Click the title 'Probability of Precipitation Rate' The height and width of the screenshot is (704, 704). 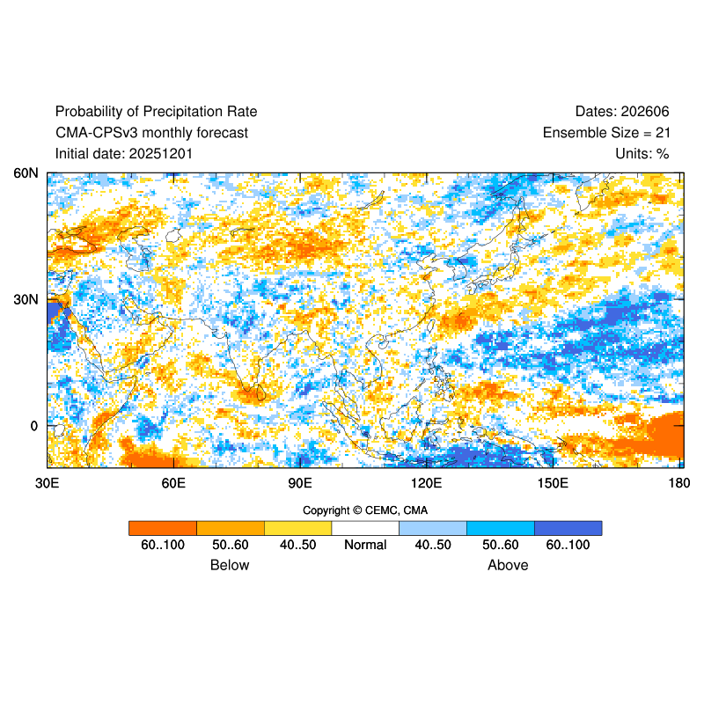point(156,112)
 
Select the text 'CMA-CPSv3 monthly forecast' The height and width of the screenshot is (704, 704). point(151,133)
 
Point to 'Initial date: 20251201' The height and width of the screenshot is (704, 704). point(124,154)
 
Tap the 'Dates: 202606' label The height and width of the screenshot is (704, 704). point(622,112)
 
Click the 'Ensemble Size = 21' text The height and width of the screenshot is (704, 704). point(605,133)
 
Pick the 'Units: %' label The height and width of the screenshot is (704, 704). point(642,154)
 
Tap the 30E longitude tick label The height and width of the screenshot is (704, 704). point(47,483)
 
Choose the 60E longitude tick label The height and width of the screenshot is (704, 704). point(173,483)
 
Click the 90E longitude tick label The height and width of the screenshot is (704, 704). point(300,483)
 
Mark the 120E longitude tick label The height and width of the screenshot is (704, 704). point(427,483)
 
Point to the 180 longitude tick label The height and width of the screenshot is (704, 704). point(678,483)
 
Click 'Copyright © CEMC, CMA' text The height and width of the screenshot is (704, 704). point(365,510)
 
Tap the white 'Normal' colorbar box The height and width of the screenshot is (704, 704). point(365,528)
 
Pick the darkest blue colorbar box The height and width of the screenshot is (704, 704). point(568,528)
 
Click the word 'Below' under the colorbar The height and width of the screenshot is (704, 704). point(230,565)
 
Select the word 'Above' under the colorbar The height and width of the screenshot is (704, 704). point(508,565)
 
